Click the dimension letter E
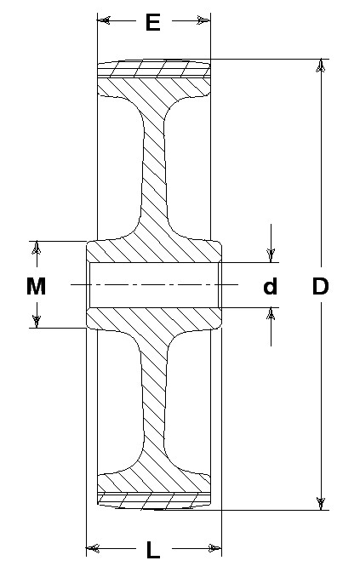[x=153, y=22]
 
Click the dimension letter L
[x=153, y=550]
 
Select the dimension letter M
[x=36, y=286]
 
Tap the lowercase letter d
[x=271, y=286]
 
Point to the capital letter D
[x=320, y=286]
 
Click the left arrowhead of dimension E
[x=104, y=20]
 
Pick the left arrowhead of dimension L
[x=93, y=548]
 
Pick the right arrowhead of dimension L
[x=214, y=548]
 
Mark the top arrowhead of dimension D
[x=321, y=66]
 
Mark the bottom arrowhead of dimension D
[x=321, y=503]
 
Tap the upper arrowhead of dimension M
[x=36, y=248]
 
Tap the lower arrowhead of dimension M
[x=36, y=322]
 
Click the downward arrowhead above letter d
[x=271, y=255]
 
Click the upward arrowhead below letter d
[x=271, y=314]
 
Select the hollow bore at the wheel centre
[x=154, y=285]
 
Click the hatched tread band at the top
[x=154, y=69]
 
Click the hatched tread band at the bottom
[x=154, y=500]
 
